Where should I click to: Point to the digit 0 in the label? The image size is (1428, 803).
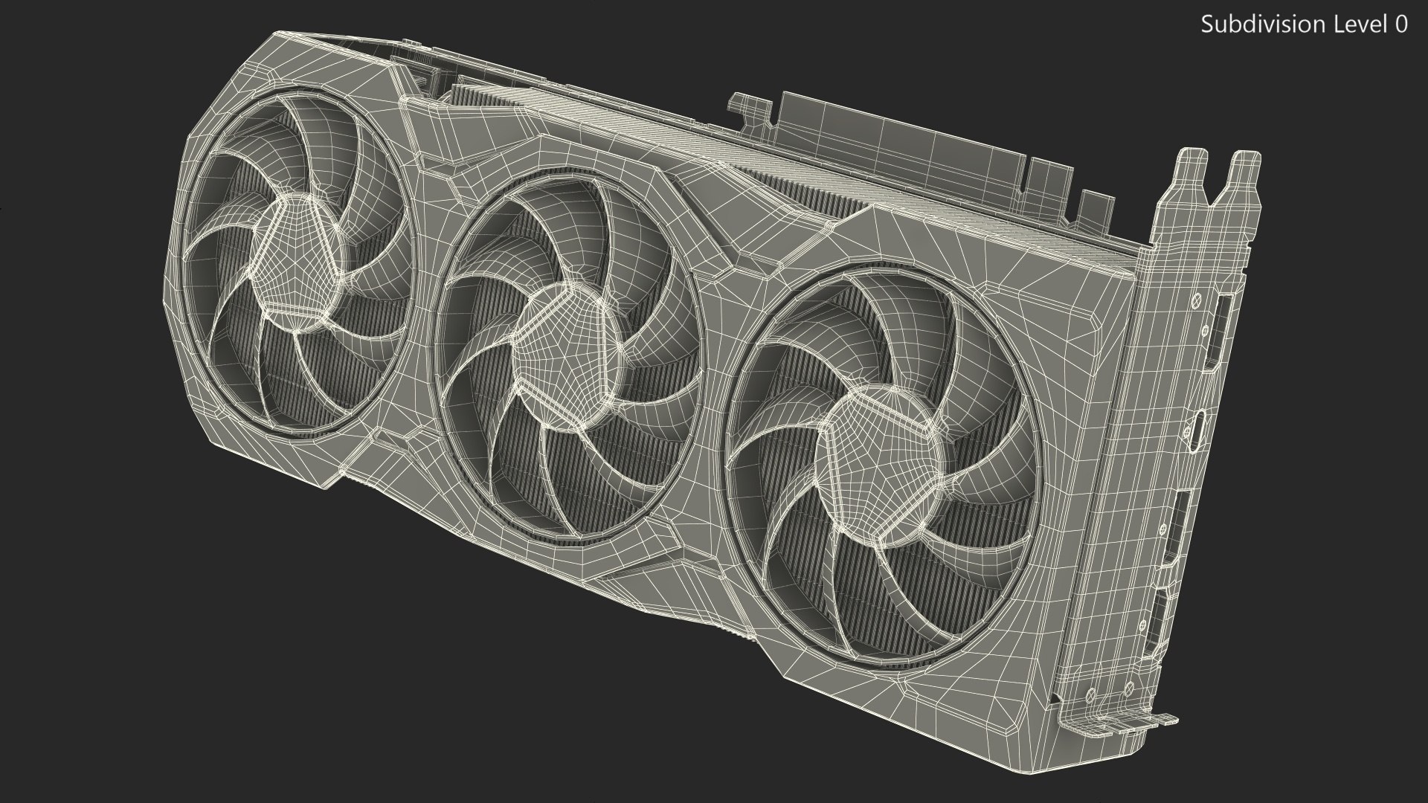pos(1400,25)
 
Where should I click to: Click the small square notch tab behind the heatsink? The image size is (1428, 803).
pos(1094,208)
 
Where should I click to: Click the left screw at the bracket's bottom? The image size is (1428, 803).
pos(1090,695)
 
